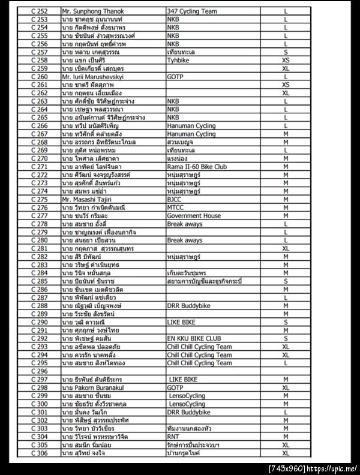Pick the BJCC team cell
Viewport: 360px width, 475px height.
(175, 199)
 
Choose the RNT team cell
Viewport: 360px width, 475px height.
(175, 437)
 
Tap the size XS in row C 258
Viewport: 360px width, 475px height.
(286, 60)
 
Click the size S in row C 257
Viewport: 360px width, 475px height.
(286, 52)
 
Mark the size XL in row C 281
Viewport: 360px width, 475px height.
(286, 248)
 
